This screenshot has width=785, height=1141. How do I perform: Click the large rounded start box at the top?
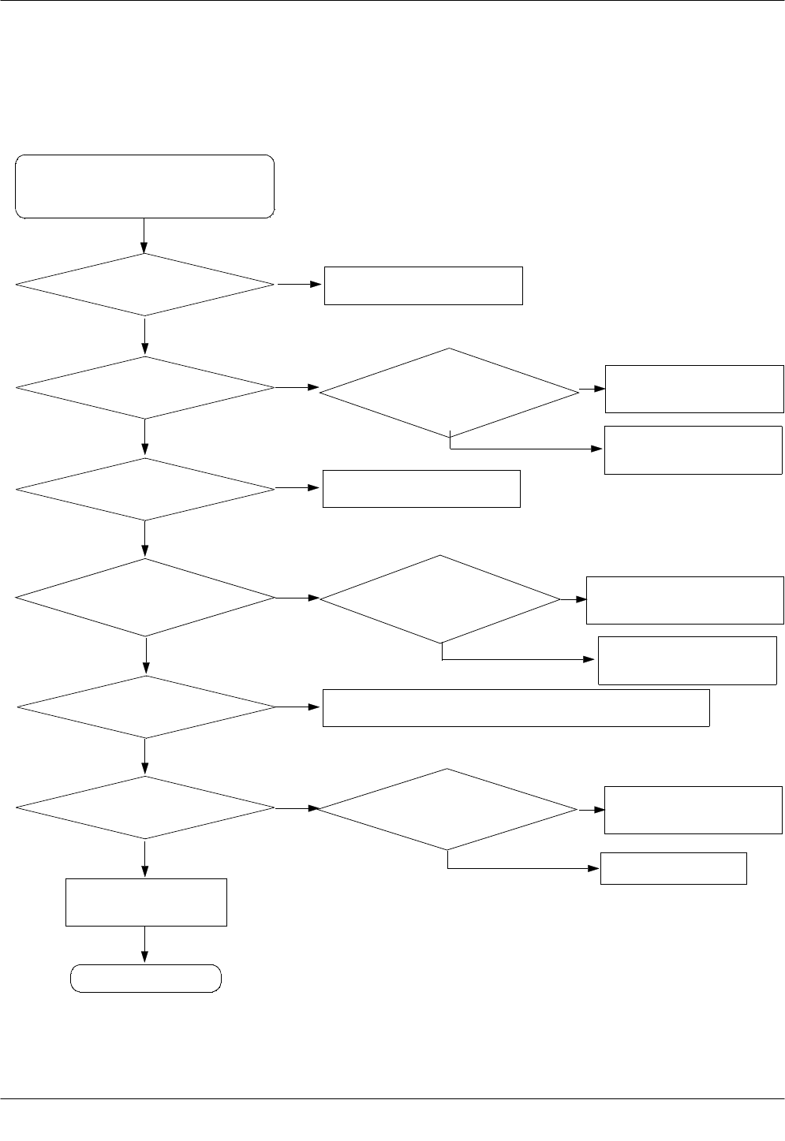coord(145,186)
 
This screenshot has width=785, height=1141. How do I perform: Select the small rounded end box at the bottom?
coord(146,979)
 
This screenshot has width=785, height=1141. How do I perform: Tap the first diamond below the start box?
coord(145,285)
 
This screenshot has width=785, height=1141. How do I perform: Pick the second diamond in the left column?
coord(145,388)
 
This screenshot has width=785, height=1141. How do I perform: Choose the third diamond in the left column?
coord(145,489)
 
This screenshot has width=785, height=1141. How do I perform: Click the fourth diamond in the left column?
coord(145,598)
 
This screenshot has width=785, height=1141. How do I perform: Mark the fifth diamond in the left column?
coord(145,707)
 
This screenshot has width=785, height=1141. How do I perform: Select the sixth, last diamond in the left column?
coord(145,808)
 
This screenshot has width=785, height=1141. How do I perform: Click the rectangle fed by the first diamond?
coord(424,285)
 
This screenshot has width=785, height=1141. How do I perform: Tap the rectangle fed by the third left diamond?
coord(421,489)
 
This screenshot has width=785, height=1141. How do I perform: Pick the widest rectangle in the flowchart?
coord(516,707)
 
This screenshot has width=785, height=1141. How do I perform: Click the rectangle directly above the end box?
coord(147,902)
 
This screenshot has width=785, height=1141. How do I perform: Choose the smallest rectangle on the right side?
coord(673,868)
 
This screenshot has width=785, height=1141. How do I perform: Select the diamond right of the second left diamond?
coord(449,392)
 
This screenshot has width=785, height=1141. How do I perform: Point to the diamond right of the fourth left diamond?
coord(439,599)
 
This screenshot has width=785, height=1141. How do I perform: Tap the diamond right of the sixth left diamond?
coord(447,809)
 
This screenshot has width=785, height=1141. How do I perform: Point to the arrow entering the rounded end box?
coord(145,945)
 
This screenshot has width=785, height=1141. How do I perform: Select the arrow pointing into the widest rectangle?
coord(299,707)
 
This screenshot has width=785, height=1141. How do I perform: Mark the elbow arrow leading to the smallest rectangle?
coord(521,868)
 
